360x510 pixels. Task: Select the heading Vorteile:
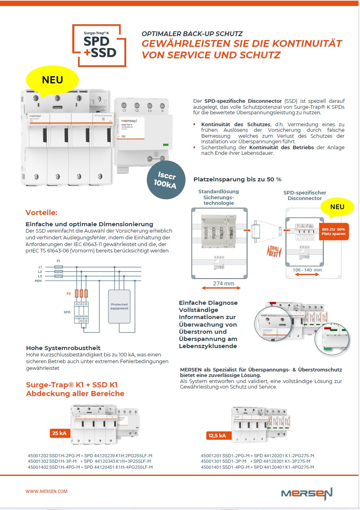pyautogui.click(x=41, y=212)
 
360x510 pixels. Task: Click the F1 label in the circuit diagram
pyautogui.click(x=58, y=261)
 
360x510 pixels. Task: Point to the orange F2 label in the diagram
pyautogui.click(x=68, y=294)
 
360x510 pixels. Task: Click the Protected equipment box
pyautogui.click(x=119, y=306)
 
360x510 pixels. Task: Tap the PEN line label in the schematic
pyautogui.click(x=38, y=281)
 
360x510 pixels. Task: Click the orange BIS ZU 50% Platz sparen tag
pyautogui.click(x=333, y=231)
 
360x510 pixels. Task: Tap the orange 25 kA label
pyautogui.click(x=59, y=433)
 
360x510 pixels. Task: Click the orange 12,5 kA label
pyautogui.click(x=217, y=436)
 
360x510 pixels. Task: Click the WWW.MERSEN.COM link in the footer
pyautogui.click(x=46, y=491)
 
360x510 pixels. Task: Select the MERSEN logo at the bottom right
pyautogui.click(x=306, y=493)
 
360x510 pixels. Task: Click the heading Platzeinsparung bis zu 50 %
pyautogui.click(x=237, y=179)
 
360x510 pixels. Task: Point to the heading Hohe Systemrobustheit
pyautogui.click(x=63, y=348)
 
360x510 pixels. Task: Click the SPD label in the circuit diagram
pyautogui.click(x=67, y=312)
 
